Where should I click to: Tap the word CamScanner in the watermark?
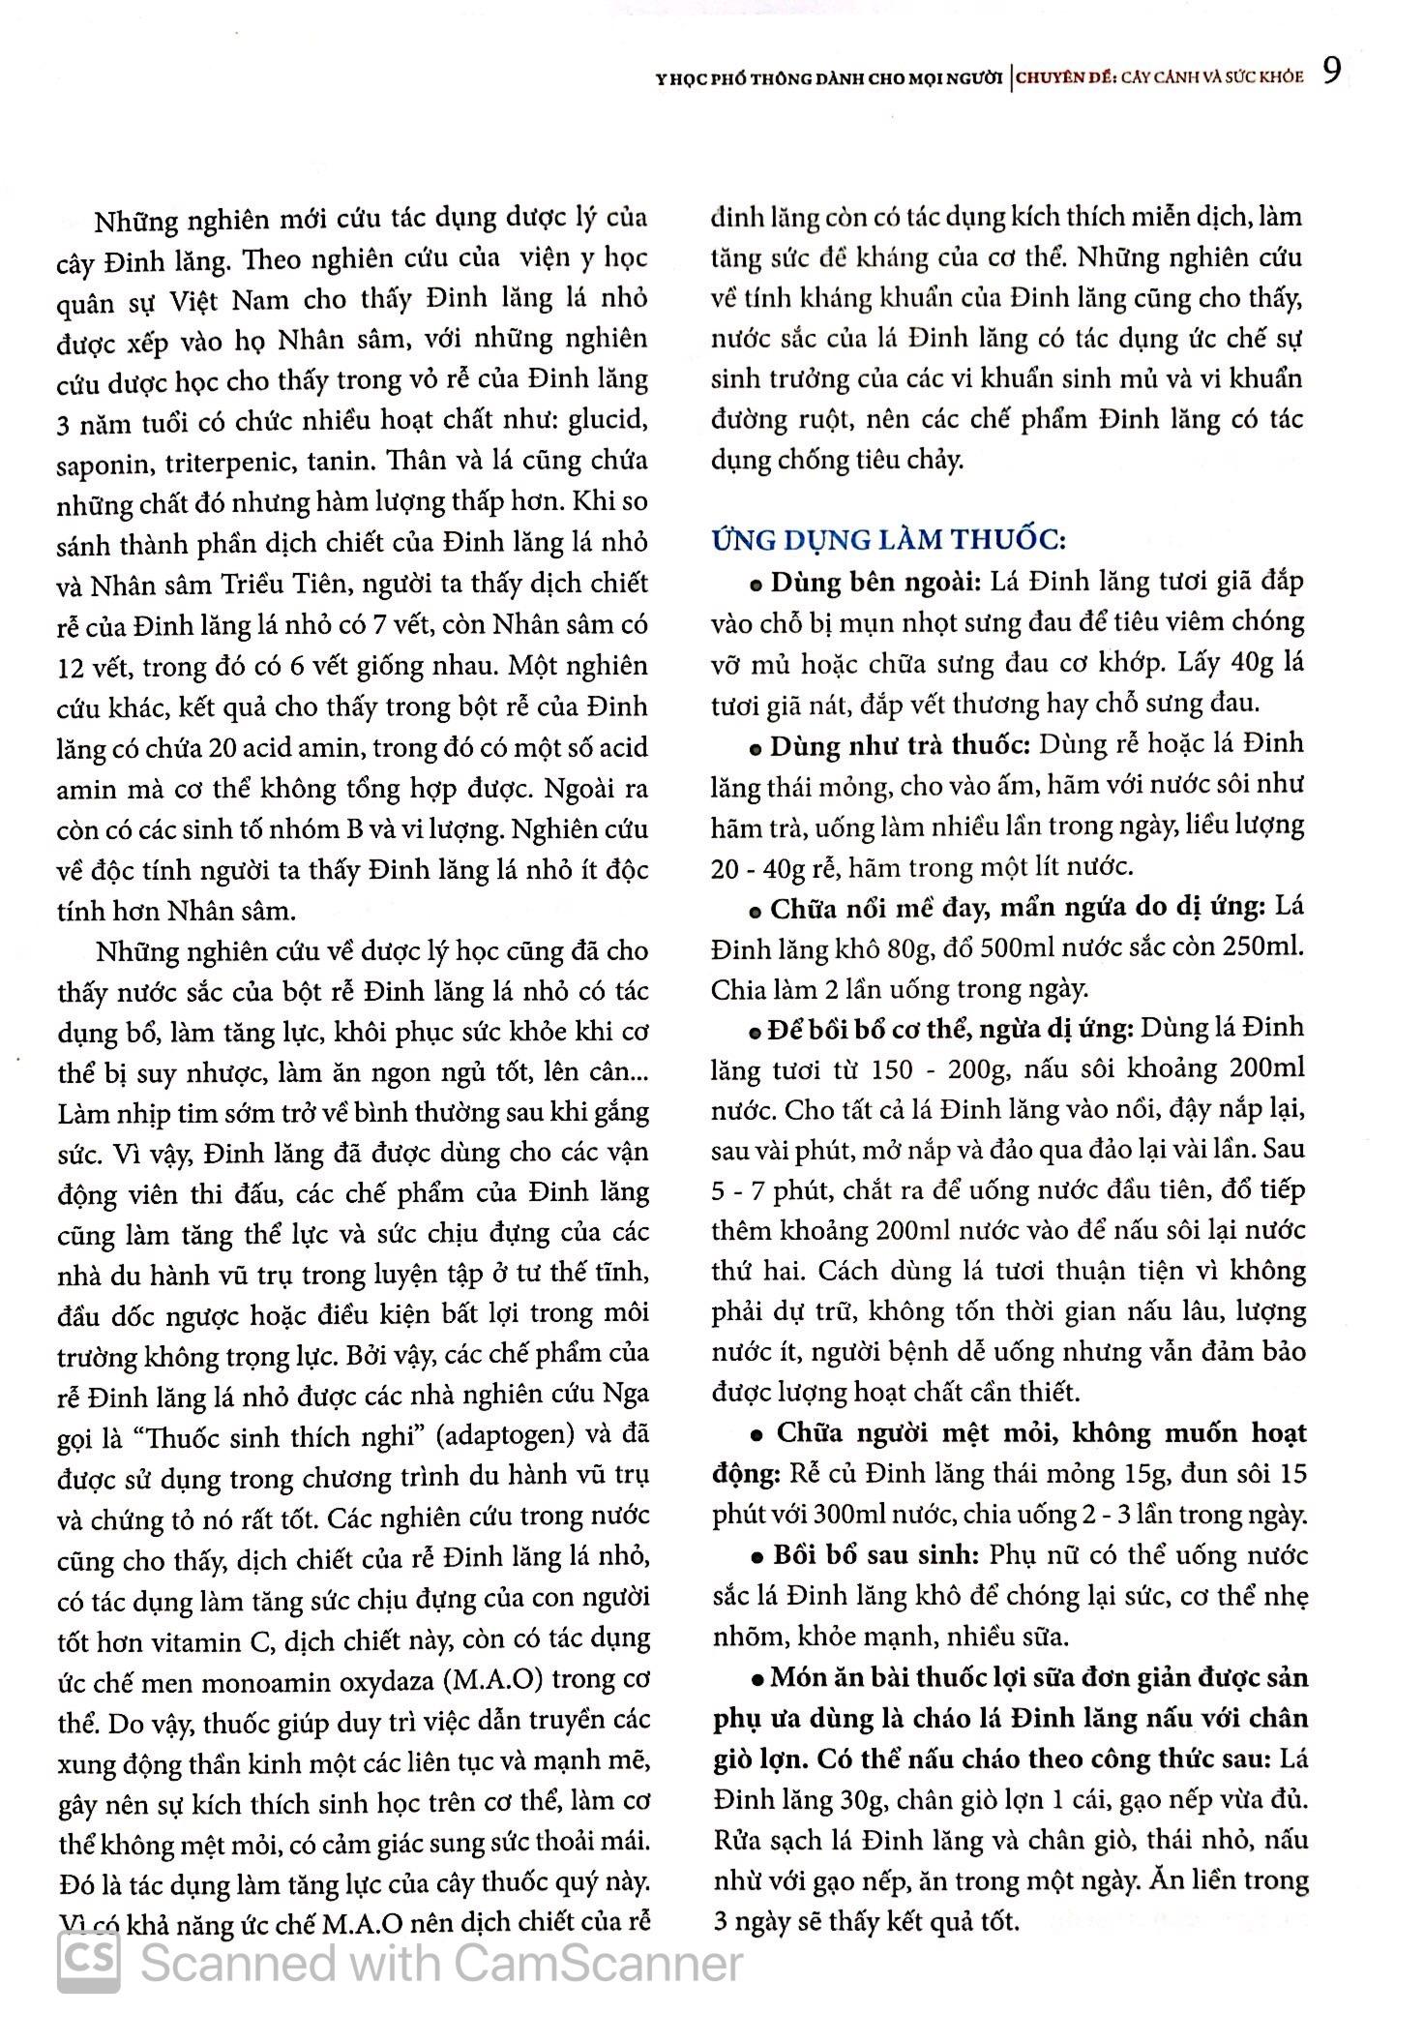tap(597, 1963)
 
